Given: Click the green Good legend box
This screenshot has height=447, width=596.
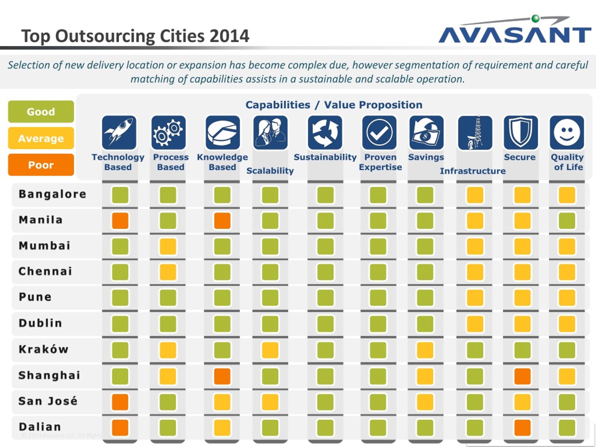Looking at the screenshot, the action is (41, 112).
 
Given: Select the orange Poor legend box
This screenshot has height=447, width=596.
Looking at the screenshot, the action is (41, 165).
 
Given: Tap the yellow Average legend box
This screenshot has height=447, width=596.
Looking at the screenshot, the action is (41, 138).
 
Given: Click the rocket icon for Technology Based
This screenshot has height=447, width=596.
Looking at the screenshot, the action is (119, 132).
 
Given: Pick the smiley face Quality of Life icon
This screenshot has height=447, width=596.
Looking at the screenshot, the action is (567, 132).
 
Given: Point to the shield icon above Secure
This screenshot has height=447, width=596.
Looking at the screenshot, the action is (521, 132).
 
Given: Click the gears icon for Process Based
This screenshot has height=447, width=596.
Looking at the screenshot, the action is (169, 132).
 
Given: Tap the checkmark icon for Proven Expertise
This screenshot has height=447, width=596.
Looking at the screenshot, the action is (379, 132).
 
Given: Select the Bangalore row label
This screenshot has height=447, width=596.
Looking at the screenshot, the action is (53, 194).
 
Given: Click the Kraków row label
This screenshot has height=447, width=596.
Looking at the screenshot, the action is (44, 349).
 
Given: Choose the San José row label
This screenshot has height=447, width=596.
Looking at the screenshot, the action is (48, 401).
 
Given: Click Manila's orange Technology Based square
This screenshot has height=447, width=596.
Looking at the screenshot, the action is (120, 221).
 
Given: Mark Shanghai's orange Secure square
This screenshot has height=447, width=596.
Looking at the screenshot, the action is (522, 376).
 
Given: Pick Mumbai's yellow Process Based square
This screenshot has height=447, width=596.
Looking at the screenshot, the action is (168, 246).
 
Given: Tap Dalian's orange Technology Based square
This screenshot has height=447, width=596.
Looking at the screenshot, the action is (120, 428).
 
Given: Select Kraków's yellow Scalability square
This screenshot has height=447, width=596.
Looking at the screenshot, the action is (270, 350).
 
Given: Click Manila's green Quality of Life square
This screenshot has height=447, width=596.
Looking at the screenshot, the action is (567, 221).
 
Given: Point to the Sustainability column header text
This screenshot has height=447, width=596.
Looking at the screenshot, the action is (325, 157).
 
